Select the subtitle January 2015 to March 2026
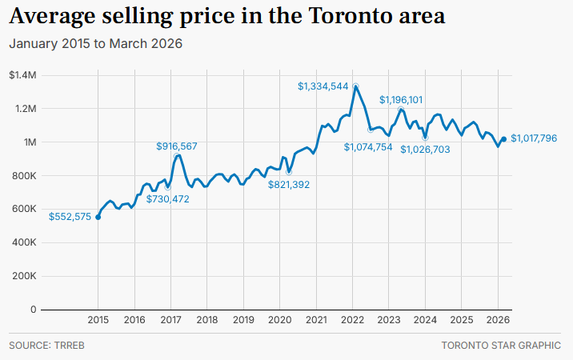(x=95, y=43)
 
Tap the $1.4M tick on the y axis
(x=22, y=75)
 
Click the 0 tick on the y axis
(x=33, y=310)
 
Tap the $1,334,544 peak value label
(x=323, y=86)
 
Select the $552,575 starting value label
(x=70, y=217)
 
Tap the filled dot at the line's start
(x=98, y=217)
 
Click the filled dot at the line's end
(x=503, y=139)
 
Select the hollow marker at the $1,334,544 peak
(x=355, y=86)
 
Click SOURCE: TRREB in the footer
(x=41, y=346)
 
